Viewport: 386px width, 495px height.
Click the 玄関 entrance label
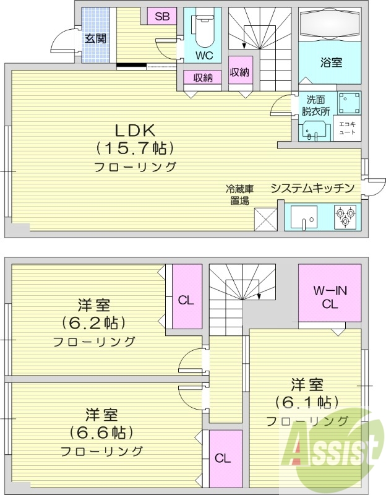click(95, 38)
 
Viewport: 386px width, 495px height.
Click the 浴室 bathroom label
click(331, 62)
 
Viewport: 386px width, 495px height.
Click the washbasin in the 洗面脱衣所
click(315, 130)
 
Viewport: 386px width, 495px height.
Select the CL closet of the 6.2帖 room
click(187, 300)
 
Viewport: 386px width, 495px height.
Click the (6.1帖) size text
click(307, 402)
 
